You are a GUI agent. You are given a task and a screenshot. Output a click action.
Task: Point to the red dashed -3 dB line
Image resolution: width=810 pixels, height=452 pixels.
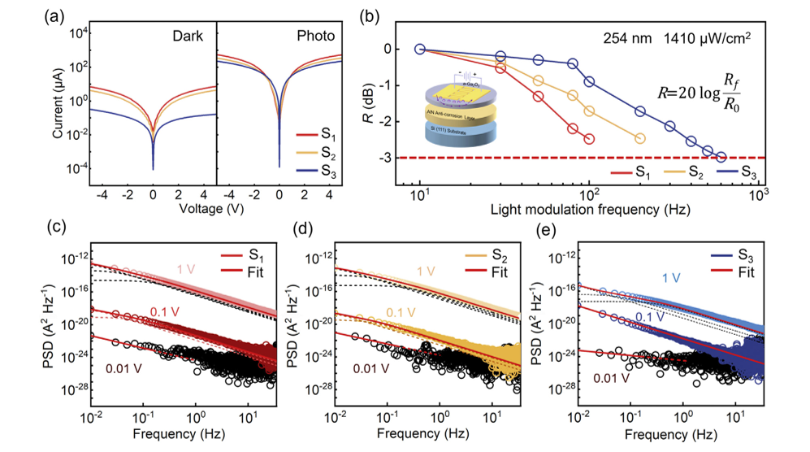[x=569, y=157]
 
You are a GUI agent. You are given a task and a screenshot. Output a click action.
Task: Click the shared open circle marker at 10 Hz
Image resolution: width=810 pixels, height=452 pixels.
[x=420, y=49]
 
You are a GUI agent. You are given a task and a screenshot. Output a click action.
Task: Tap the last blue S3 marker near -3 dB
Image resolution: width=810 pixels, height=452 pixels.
[x=721, y=156]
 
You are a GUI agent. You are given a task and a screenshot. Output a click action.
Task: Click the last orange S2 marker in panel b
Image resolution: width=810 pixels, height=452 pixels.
[x=640, y=138]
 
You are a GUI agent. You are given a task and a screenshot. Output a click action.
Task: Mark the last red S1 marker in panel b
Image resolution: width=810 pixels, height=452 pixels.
[x=589, y=139]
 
